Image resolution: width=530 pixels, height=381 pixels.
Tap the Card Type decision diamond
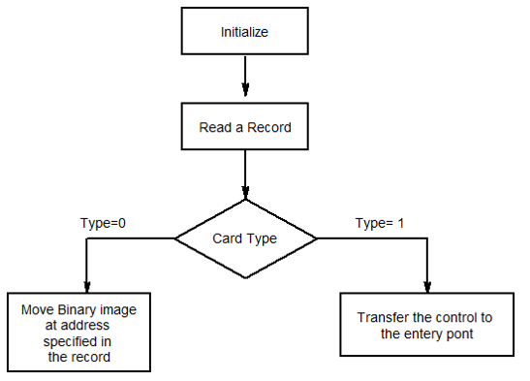click(245, 238)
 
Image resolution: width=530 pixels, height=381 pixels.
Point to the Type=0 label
click(103, 223)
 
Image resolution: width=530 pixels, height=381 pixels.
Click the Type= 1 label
click(381, 223)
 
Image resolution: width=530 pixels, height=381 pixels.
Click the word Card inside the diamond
click(227, 238)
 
